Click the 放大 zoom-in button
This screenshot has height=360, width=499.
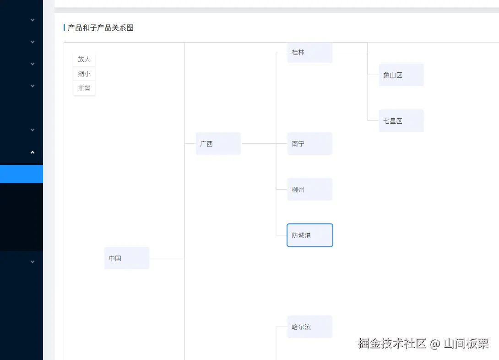(84, 59)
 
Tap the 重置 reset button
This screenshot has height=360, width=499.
(84, 88)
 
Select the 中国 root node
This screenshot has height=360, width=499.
(127, 258)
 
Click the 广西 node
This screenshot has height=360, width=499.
(218, 144)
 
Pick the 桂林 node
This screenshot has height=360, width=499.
(310, 52)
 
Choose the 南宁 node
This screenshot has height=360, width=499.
(310, 144)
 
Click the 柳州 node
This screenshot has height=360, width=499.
(310, 190)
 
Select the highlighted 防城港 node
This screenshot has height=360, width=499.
(310, 235)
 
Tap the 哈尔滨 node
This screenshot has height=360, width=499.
(310, 327)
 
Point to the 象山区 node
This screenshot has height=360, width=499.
(401, 75)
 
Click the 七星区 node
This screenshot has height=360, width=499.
(401, 121)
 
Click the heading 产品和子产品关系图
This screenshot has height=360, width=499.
(101, 28)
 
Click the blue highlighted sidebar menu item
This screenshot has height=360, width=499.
(22, 174)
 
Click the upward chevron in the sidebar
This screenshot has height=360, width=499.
(33, 152)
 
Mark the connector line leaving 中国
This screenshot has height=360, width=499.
(167, 258)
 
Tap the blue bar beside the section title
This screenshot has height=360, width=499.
(64, 28)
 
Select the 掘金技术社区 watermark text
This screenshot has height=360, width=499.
(392, 344)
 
